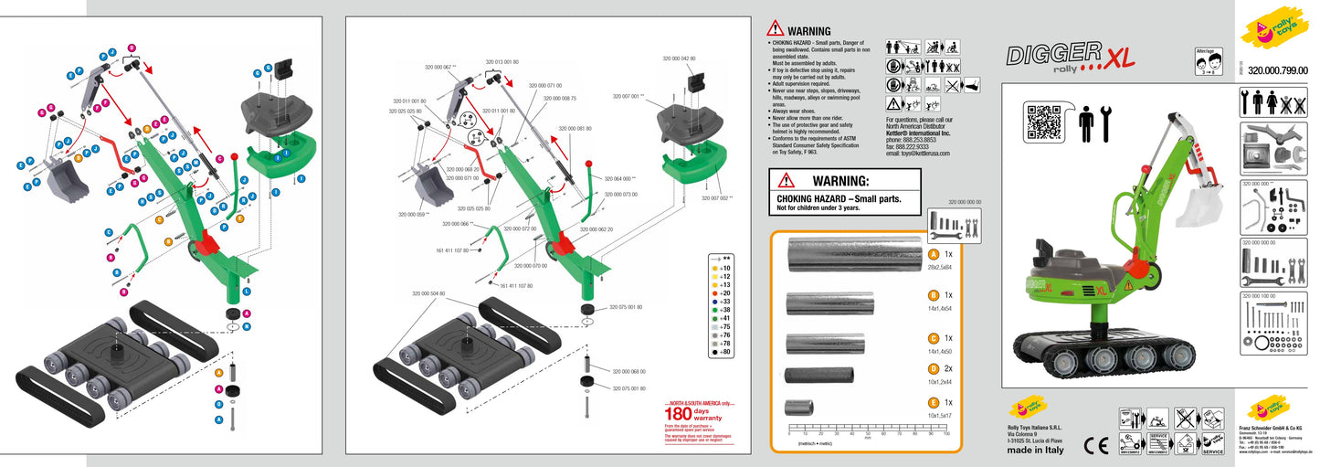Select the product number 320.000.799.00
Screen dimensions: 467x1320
tap(1277, 69)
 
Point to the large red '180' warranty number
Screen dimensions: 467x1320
tap(681, 413)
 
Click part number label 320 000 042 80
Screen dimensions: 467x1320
tap(679, 58)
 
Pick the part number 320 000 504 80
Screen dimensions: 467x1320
tap(428, 293)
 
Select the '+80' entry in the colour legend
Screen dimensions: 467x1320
tap(724, 352)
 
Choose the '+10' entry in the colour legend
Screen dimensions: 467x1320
tap(724, 268)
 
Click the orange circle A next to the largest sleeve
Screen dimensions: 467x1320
tap(933, 254)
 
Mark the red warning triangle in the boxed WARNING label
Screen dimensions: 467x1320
tap(786, 181)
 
